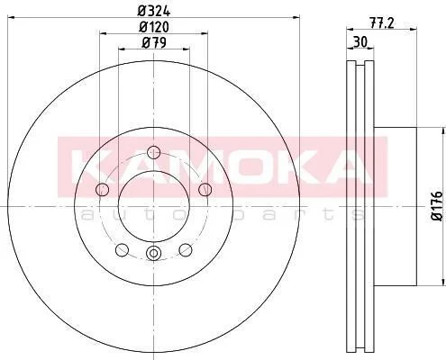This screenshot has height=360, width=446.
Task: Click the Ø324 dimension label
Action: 154,12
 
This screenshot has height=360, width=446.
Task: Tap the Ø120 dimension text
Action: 154,27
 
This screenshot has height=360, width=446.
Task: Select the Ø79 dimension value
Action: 154,43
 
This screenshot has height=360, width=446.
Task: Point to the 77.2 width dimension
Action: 381,23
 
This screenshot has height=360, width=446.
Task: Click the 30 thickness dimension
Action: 360,42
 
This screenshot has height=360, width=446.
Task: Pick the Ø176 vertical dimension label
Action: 438,206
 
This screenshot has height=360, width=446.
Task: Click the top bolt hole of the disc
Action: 154,152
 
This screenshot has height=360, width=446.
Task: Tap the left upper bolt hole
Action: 102,190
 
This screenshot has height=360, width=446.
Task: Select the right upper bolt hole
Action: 205,190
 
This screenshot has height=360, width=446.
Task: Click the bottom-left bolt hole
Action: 122,250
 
